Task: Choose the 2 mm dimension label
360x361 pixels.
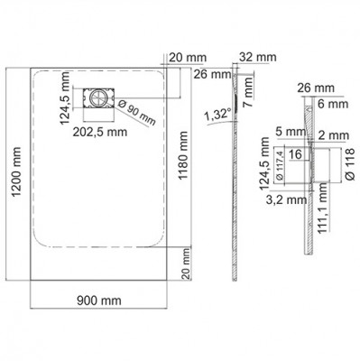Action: (339, 133)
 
